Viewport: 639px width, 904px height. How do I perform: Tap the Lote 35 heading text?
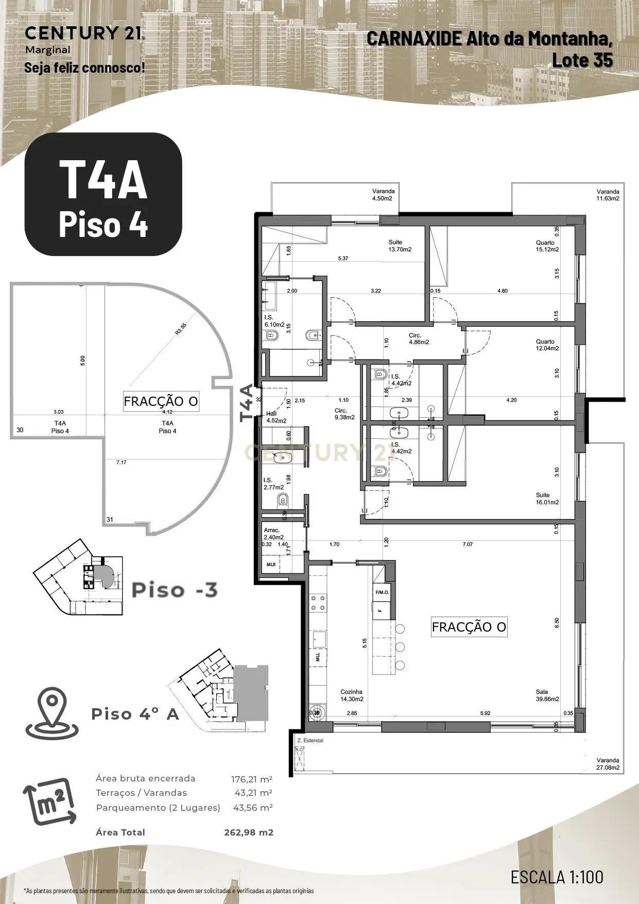pos(582,60)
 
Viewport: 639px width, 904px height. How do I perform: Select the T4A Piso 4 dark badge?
pos(103,194)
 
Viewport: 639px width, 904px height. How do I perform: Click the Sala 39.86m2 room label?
pos(547,695)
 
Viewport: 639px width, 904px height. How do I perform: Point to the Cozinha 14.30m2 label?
pos(352,695)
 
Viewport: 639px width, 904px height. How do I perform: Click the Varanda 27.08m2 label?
pos(608,764)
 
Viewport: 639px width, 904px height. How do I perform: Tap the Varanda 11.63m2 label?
pos(608,195)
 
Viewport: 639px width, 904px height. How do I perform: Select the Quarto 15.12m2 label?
pos(547,246)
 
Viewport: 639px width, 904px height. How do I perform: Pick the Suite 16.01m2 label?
pos(547,498)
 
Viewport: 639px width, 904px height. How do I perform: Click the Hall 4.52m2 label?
pos(276,417)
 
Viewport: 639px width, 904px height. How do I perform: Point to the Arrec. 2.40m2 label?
pos(273,534)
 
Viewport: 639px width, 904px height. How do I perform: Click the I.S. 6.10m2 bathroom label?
pos(274,321)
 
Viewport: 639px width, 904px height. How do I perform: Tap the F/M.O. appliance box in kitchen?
pos(382,592)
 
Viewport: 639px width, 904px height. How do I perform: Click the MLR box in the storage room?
pos(271,565)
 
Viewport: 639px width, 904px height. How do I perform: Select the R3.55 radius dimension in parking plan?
pos(181,329)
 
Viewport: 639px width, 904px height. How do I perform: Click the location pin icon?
pos(51,713)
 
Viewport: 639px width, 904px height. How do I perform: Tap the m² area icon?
pos(50,801)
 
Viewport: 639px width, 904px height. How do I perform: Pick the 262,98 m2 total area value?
pos(248,832)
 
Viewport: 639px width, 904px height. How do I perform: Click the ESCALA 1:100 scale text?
pos(557,877)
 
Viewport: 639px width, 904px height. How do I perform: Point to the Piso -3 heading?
pos(175,590)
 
